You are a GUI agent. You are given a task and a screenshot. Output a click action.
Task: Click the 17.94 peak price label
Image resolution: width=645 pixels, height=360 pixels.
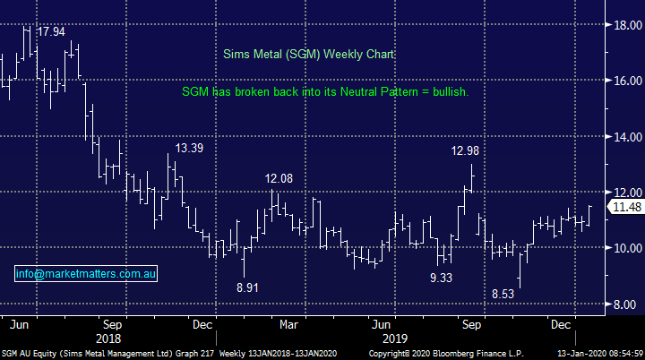coord(50,32)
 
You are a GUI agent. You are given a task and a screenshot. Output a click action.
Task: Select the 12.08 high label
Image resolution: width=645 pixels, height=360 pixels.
coord(279,179)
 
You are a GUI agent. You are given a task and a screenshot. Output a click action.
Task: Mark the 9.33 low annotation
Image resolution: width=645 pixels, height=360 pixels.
coord(442,278)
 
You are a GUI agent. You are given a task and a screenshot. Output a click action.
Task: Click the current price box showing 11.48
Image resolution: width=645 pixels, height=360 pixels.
coord(624,208)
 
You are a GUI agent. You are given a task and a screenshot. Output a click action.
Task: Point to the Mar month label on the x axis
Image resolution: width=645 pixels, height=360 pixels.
coord(288,323)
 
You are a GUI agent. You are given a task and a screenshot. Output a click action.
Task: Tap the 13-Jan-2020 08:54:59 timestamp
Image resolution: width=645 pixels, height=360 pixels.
coord(596,354)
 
